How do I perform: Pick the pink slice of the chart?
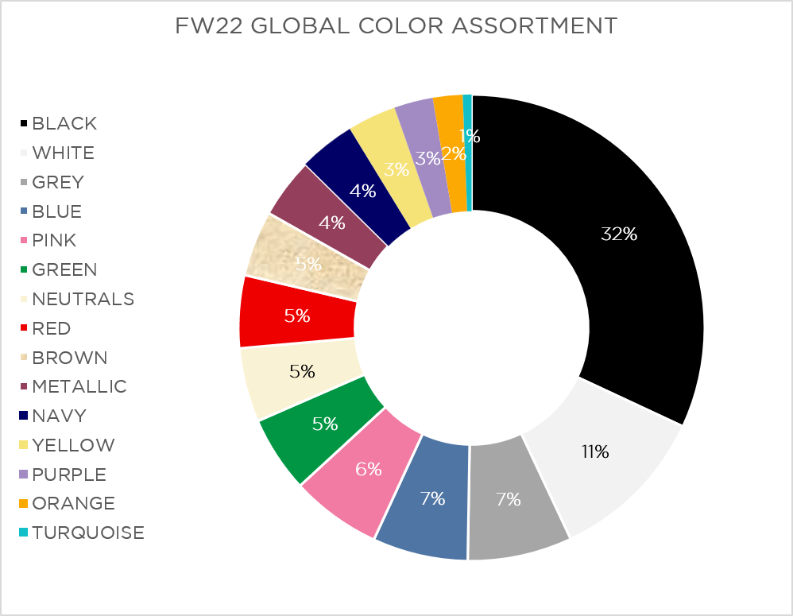pyautogui.click(x=358, y=477)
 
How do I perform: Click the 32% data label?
pyautogui.click(x=618, y=234)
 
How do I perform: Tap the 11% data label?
pyautogui.click(x=594, y=452)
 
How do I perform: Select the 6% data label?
pyautogui.click(x=369, y=469)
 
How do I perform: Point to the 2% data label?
pyautogui.click(x=454, y=153)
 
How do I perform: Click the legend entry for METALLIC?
pyautogui.click(x=79, y=386)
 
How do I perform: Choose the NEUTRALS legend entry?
pyautogui.click(x=83, y=299)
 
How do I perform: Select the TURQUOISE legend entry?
pyautogui.click(x=88, y=533)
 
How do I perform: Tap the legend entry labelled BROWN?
pyautogui.click(x=69, y=358)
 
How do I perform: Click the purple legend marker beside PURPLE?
pyautogui.click(x=25, y=475)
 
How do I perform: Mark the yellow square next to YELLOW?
pyautogui.click(x=25, y=445)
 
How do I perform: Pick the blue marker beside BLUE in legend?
pyautogui.click(x=25, y=211)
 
